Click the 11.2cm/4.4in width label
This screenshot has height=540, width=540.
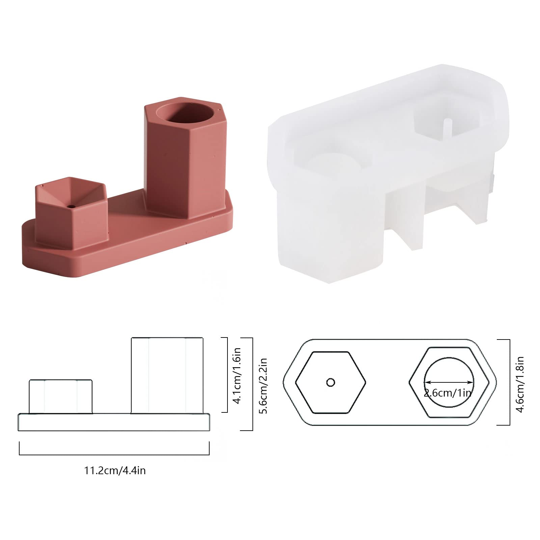pos(115,470)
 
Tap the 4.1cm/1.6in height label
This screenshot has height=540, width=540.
pos(237,375)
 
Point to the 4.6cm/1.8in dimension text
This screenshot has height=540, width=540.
pos(520,384)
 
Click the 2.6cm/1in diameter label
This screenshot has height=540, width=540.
pos(448,393)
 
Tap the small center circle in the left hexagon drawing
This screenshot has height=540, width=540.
pos(331,382)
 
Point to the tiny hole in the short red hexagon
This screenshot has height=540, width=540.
pos(71,206)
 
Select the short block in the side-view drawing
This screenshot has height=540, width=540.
pos(60,396)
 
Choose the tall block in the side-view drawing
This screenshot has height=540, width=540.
pos(167,375)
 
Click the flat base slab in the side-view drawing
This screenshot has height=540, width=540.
pos(114,422)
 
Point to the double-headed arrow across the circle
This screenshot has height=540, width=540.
pos(449,382)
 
